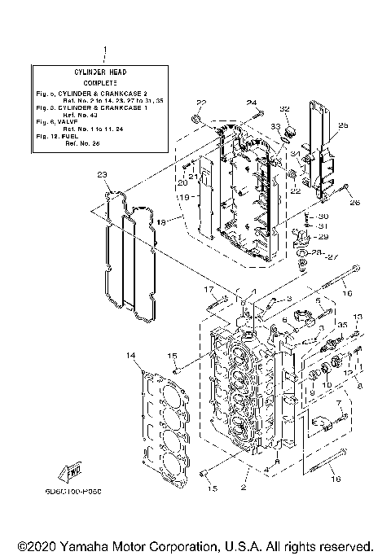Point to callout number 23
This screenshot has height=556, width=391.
pyautogui.click(x=101, y=174)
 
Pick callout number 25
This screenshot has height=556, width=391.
pyautogui.click(x=342, y=125)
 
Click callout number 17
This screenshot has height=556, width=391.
pyautogui.click(x=208, y=289)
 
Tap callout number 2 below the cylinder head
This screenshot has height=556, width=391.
pyautogui.click(x=242, y=488)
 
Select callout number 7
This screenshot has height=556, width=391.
pyautogui.click(x=338, y=404)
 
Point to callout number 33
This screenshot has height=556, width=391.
pyautogui.click(x=276, y=127)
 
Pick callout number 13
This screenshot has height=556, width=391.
pyautogui.click(x=356, y=317)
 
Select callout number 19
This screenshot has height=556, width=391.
pyautogui.click(x=185, y=198)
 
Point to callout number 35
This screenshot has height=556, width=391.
pyautogui.click(x=343, y=325)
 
